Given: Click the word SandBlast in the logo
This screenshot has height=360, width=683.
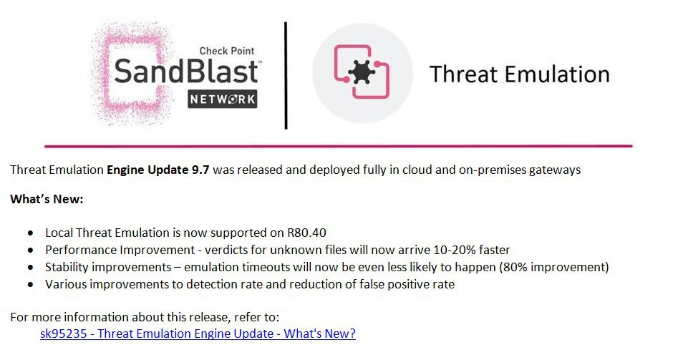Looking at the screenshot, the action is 186,72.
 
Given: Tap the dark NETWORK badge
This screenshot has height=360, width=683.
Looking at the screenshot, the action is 223,99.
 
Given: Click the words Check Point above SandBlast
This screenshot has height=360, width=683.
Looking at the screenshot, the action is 226,51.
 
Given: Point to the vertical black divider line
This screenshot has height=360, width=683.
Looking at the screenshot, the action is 286,75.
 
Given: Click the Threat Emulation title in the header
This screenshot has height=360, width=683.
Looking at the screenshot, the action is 519,74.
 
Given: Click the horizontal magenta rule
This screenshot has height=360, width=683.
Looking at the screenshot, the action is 339,146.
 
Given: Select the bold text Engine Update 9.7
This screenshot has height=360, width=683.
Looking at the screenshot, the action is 158,170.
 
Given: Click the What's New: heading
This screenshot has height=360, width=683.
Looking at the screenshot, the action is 47,200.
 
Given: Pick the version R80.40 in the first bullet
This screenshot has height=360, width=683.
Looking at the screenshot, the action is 306,233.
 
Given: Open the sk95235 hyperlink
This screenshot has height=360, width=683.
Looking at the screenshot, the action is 198,334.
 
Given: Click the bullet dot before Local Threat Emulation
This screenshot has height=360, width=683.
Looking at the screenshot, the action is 30,233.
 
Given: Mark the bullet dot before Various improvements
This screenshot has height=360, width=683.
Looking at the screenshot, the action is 30,285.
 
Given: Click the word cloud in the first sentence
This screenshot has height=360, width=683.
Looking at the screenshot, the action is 417,170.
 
